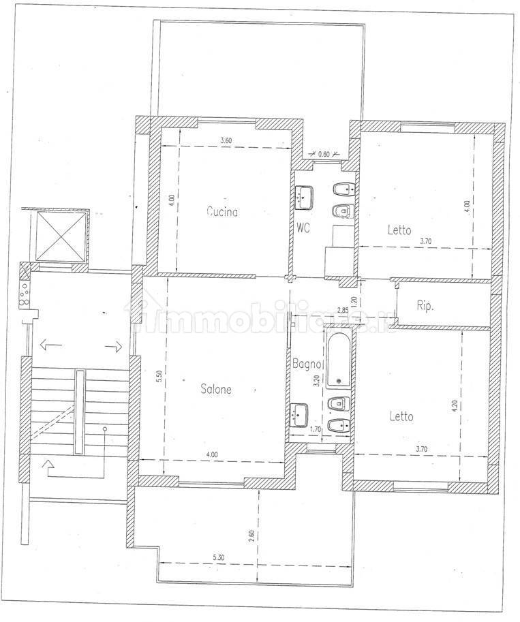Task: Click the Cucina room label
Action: click(222, 212)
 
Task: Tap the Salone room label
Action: click(216, 389)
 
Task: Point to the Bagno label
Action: click(307, 363)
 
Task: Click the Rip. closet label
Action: click(425, 306)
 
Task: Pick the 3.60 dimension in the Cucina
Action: click(226, 140)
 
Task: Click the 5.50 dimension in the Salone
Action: click(159, 375)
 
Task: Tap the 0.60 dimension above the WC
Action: click(324, 154)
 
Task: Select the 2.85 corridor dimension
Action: click(343, 310)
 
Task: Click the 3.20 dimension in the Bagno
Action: click(316, 381)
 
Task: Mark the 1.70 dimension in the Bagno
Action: click(315, 429)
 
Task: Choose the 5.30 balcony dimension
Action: click(218, 557)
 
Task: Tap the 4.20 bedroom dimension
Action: click(455, 405)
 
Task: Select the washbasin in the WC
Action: click(304, 197)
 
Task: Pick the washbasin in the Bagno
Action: click(299, 415)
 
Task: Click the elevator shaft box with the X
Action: click(61, 236)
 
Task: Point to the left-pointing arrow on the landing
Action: click(51, 346)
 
